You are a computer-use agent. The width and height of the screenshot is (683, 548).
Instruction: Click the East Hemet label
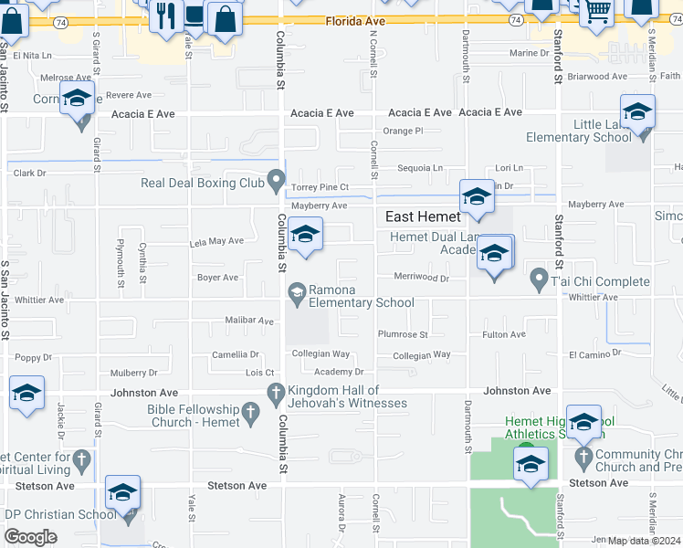click(422, 217)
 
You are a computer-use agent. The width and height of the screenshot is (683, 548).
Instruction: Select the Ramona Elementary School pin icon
click(297, 293)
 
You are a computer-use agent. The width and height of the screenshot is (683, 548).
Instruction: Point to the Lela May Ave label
click(216, 241)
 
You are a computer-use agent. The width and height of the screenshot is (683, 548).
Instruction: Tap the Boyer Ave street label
click(217, 278)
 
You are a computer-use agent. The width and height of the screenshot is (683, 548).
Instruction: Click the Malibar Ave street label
click(249, 321)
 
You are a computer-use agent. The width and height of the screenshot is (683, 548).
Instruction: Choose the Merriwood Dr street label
click(421, 278)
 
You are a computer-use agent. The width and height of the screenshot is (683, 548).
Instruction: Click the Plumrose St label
click(403, 335)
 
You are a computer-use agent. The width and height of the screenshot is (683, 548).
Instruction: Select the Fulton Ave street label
click(504, 335)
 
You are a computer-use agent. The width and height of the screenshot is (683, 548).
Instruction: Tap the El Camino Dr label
click(594, 353)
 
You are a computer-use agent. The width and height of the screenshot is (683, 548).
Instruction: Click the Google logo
click(30, 537)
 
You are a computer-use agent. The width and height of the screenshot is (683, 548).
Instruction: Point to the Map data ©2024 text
click(645, 541)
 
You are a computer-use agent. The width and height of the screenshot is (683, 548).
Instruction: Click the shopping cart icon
click(596, 12)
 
